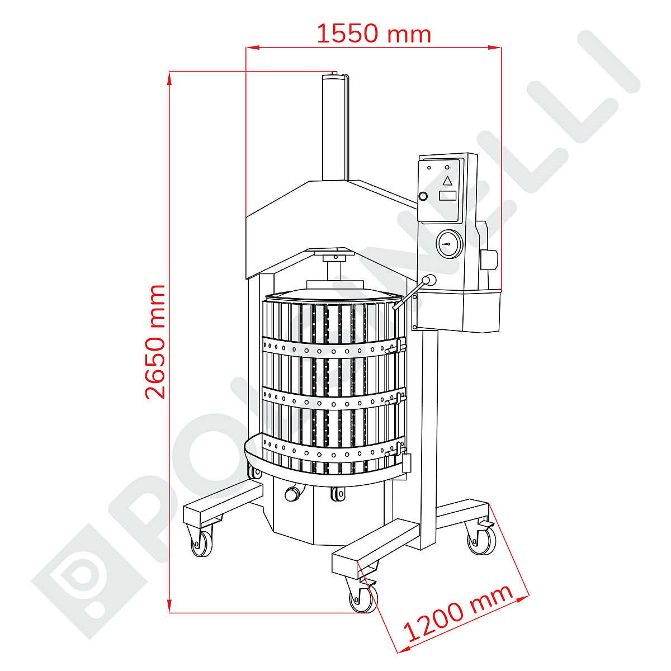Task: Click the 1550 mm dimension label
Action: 374,34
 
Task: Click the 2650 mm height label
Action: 154,342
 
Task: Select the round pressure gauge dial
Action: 449,244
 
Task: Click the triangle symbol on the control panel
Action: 447,181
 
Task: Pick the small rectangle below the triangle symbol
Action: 447,195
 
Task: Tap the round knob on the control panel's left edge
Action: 423,196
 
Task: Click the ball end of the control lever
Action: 431,280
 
